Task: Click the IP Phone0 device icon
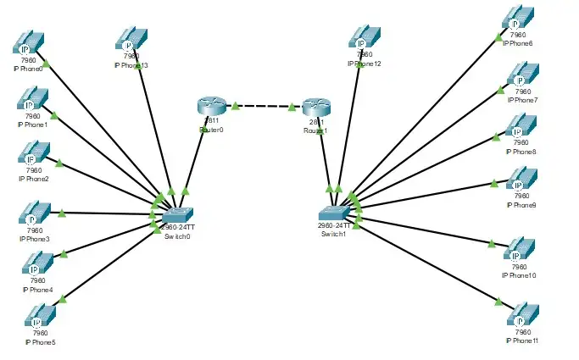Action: coord(31,43)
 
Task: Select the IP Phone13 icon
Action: coord(130,40)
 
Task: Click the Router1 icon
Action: coord(315,107)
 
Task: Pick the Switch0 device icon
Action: coord(179,215)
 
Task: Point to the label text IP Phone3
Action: coord(35,239)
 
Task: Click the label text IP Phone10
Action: coord(519,275)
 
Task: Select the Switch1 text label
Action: coord(334,234)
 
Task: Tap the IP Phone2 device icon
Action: coord(33,155)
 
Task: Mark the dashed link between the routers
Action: coord(263,107)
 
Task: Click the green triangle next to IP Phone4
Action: coord(63,252)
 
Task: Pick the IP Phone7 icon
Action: coord(521,77)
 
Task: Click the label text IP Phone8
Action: coord(521,152)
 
